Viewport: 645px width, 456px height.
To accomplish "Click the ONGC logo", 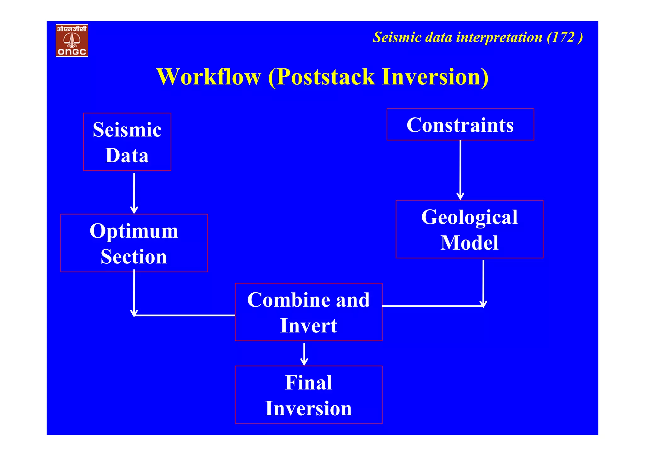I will (x=72, y=40).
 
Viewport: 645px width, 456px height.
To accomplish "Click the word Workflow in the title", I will (x=208, y=77).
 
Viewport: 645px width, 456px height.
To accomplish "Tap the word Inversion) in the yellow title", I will (x=435, y=77).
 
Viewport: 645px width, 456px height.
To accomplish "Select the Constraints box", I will (x=460, y=124).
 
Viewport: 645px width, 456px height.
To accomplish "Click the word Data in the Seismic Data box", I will (x=127, y=155).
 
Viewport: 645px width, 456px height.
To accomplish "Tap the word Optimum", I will (x=134, y=231).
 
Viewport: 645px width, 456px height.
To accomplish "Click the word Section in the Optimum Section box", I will (x=134, y=257).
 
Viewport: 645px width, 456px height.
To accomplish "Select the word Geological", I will (x=469, y=217).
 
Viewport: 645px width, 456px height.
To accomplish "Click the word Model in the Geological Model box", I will (x=469, y=243).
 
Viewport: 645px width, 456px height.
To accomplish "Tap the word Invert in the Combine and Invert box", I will (x=308, y=326).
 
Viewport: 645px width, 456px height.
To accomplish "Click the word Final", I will (x=308, y=383).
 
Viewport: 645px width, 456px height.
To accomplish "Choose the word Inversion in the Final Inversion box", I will (x=308, y=408).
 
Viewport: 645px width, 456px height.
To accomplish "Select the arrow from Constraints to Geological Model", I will (x=460, y=170).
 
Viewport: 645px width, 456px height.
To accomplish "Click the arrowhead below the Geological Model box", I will (x=483, y=304).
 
